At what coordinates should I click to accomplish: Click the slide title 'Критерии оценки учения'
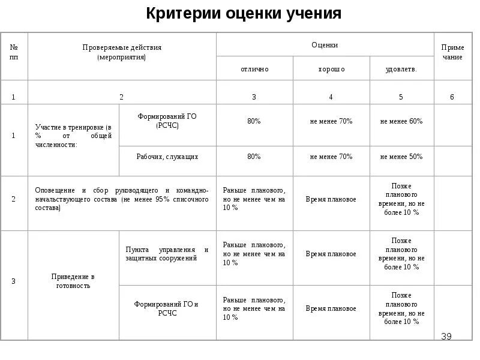pos(244,14)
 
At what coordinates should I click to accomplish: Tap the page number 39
pos(446,336)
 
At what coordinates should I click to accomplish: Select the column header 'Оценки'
pos(325,45)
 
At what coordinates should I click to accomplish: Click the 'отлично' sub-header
pos(254,69)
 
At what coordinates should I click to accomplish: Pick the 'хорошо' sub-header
pos(331,69)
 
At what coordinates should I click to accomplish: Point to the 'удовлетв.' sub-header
pos(401,69)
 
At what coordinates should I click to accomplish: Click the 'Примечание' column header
pos(452,52)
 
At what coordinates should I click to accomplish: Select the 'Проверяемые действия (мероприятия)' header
pos(122,52)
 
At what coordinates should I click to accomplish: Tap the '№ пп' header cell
pos(14,52)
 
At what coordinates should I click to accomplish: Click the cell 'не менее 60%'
pos(401,121)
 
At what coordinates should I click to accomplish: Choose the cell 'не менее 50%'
pos(401,157)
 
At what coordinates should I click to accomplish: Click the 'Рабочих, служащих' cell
pos(167,157)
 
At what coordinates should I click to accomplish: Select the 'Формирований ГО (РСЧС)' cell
pos(167,121)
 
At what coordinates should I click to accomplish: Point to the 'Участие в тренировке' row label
pos(73,136)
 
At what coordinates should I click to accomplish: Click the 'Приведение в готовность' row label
pos(73,281)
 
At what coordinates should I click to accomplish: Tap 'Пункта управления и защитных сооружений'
pos(167,254)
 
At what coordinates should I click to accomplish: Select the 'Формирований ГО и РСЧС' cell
pos(167,308)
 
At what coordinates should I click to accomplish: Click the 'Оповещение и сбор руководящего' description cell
pos(122,199)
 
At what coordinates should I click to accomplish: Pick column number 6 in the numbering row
pos(452,97)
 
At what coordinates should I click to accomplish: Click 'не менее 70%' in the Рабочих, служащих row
pos(331,157)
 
